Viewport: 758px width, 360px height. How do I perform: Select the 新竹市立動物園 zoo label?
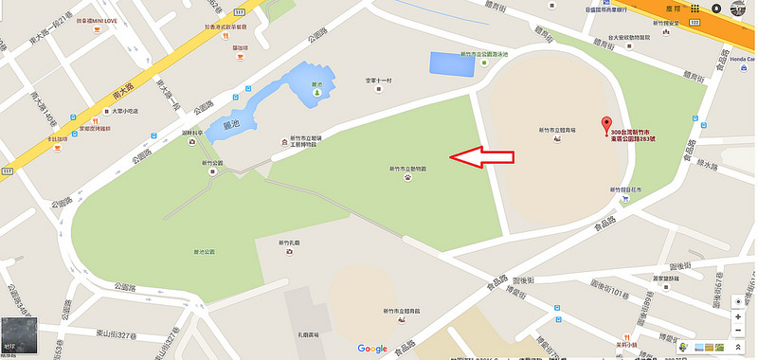coord(406,168)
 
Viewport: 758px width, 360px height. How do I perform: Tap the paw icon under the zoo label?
coord(406,177)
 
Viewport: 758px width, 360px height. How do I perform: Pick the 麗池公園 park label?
coord(204,251)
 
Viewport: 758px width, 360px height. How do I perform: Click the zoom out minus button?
coord(737,331)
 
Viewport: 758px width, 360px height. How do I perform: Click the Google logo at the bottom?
coord(372,349)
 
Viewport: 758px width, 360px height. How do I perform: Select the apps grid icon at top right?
coord(694,9)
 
